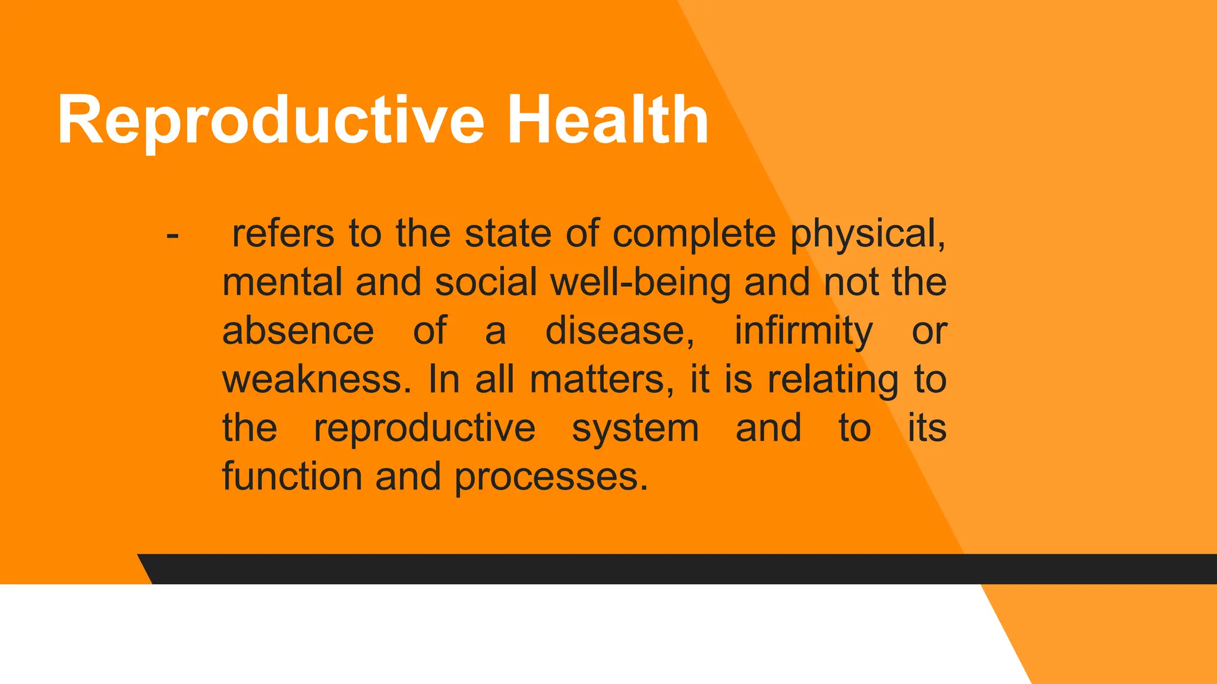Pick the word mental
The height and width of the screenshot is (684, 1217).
click(282, 282)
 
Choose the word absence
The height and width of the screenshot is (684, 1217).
click(298, 331)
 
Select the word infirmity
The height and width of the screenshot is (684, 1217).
click(803, 332)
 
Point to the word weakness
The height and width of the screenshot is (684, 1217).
click(316, 379)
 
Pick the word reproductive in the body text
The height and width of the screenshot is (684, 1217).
click(424, 429)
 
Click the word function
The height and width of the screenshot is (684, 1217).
click(292, 477)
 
